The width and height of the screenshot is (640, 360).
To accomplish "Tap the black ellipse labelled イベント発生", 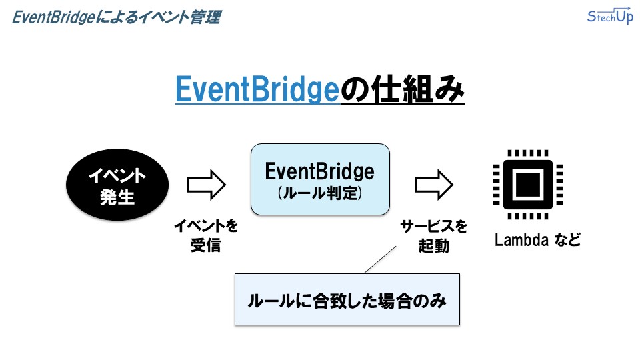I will coord(117,186).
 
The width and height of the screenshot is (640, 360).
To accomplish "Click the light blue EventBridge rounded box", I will coord(319,179).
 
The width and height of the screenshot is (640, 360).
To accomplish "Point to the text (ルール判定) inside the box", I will coord(319,194).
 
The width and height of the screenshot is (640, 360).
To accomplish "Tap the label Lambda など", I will coord(537,240).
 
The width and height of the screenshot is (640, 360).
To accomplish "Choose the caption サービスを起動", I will coord(433,235).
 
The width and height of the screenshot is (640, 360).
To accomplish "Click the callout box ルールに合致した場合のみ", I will coord(347,300).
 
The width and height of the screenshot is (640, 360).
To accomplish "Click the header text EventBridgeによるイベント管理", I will coord(116,17).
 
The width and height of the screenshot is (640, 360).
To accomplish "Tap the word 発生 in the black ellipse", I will coord(117,197).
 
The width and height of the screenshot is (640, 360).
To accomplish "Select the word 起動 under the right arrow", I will coord(433,246).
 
